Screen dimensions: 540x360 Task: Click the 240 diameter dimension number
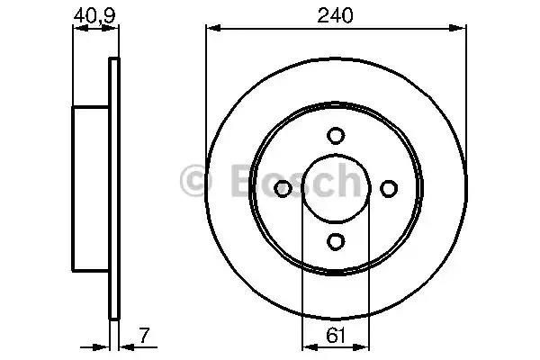[335, 15]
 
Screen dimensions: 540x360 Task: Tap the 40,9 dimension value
[94, 15]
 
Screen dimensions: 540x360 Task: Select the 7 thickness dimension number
[145, 335]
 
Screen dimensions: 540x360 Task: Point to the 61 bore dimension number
[335, 335]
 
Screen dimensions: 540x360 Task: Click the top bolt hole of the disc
[336, 135]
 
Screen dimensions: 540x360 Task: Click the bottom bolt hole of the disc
[336, 241]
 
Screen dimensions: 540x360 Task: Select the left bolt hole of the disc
[283, 188]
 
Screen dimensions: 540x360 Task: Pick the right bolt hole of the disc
[389, 188]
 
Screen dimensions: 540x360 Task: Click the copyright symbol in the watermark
[196, 180]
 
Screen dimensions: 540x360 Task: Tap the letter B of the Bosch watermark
[244, 180]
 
